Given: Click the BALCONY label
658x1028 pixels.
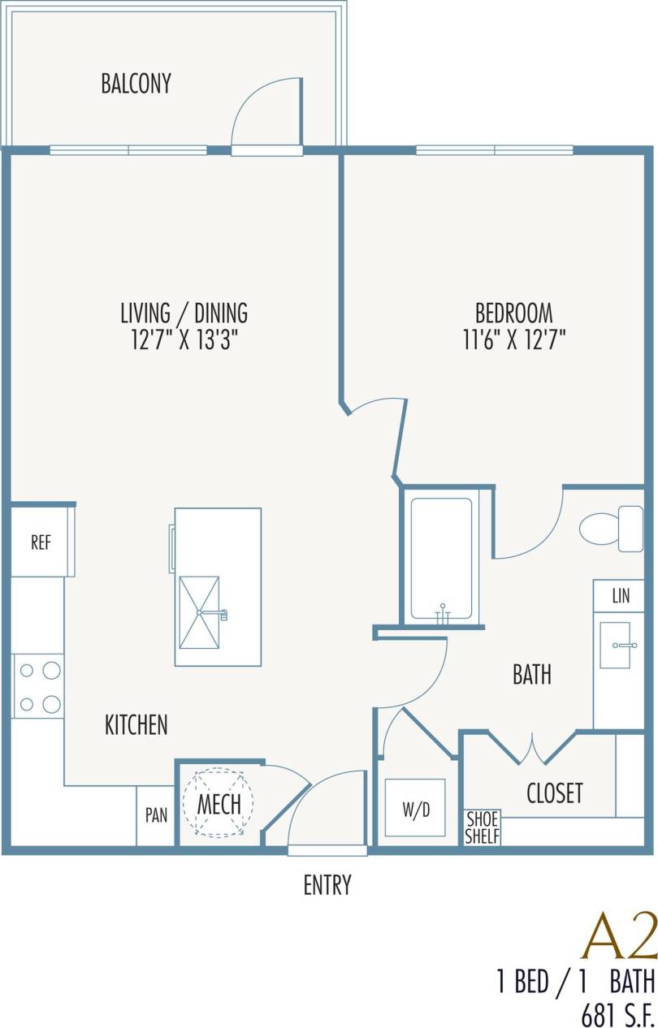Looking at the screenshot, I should (136, 84).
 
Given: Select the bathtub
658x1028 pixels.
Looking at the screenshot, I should (441, 559).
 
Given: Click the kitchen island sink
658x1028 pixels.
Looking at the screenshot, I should (199, 612).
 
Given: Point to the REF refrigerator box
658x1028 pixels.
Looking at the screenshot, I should (41, 543).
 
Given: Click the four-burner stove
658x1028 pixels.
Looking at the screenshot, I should (39, 687).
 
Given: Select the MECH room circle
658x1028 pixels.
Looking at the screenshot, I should (219, 803).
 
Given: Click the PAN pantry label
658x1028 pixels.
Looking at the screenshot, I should (156, 815).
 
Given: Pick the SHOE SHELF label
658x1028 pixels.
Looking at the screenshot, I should (482, 827).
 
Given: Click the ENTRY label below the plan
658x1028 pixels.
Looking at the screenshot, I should (327, 885).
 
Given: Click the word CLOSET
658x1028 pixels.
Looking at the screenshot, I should (555, 793).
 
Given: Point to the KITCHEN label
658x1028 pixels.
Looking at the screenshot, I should (136, 725).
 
